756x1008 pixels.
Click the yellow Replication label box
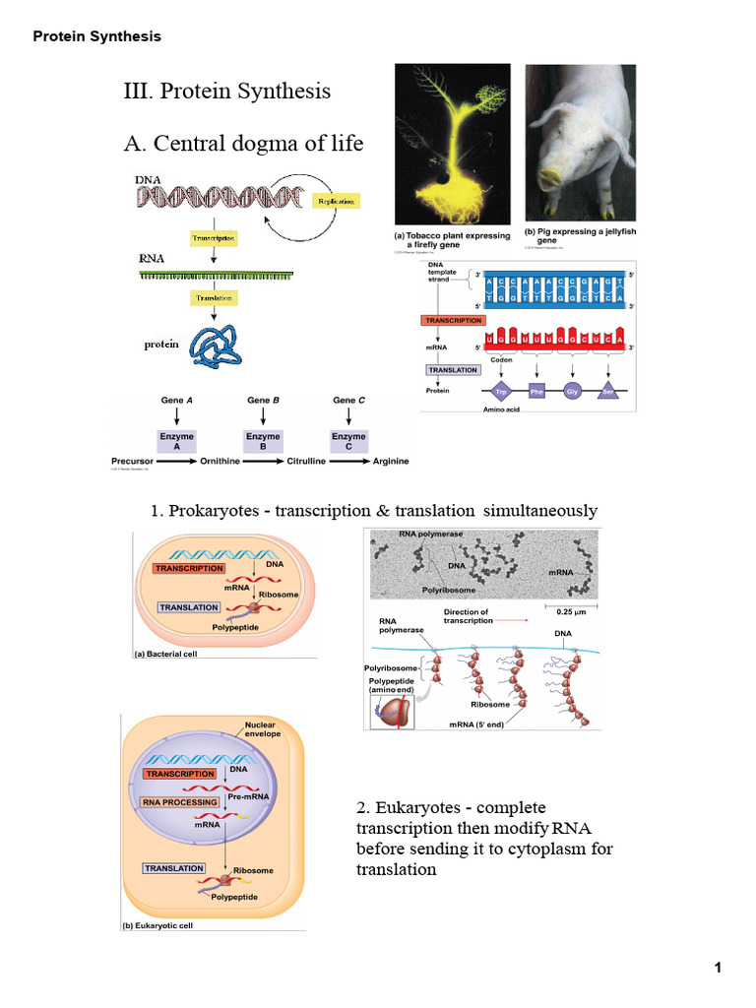click(x=335, y=200)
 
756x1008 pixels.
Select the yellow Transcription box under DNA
click(x=213, y=238)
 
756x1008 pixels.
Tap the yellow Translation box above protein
click(x=213, y=298)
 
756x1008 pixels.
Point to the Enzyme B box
click(x=263, y=440)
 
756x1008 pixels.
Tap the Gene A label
click(x=177, y=401)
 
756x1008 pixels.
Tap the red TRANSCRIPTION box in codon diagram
click(x=453, y=320)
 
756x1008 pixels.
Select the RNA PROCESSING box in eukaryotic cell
click(x=179, y=802)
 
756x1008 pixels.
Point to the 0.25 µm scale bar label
click(x=565, y=608)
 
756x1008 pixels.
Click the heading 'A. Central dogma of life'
click(x=243, y=144)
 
